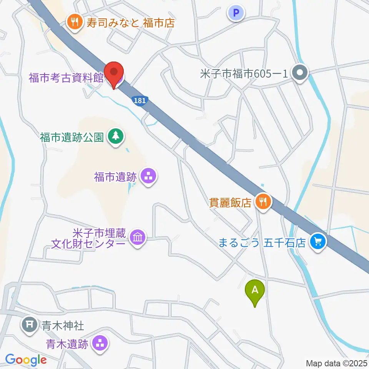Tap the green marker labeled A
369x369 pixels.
pyautogui.click(x=255, y=291)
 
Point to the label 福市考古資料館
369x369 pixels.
pyautogui.click(x=66, y=78)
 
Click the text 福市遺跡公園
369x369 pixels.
pyautogui.click(x=72, y=137)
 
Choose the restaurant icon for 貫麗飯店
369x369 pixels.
pyautogui.click(x=263, y=201)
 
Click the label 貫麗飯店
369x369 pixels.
pyautogui.click(x=230, y=202)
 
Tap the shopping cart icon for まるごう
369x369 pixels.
pyautogui.click(x=317, y=242)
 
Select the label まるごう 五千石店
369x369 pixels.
pyautogui.click(x=262, y=243)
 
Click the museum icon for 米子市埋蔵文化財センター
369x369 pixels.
pyautogui.click(x=137, y=238)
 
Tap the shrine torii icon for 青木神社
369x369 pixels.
pyautogui.click(x=29, y=324)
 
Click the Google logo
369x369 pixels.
pyautogui.click(x=26, y=360)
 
